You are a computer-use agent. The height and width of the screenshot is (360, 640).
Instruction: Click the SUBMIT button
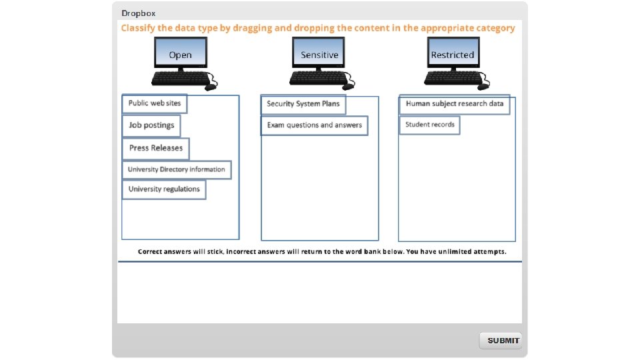(501, 341)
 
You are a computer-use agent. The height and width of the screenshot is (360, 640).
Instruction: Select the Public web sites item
(155, 103)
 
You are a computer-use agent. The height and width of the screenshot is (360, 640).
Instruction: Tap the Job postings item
(151, 125)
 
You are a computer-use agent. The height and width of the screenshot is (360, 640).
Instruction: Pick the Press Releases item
(156, 148)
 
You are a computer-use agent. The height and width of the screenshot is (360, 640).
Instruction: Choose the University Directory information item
(177, 169)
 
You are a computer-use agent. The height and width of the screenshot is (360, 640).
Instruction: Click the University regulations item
(164, 189)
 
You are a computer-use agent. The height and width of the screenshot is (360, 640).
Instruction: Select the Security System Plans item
(303, 104)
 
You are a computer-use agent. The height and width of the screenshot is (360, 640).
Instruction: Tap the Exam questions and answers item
(314, 125)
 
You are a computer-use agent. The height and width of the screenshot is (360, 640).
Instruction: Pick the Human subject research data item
(455, 104)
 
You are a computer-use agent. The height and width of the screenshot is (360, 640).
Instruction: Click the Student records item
(430, 125)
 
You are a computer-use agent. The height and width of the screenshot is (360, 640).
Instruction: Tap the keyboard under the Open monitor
(176, 79)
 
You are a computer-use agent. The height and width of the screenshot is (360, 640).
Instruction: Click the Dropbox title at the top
(139, 13)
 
